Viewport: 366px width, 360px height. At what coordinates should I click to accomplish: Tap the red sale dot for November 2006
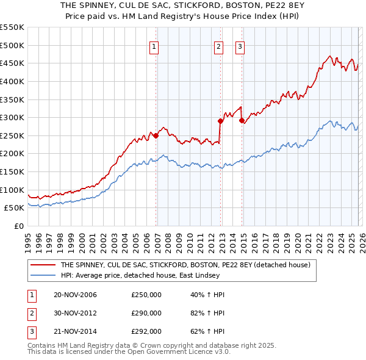156,135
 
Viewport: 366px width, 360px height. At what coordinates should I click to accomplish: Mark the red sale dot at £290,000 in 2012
220,121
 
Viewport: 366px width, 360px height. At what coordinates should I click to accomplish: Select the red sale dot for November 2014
242,120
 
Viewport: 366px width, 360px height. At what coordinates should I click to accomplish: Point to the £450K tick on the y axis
12,63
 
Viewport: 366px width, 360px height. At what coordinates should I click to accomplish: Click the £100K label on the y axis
12,190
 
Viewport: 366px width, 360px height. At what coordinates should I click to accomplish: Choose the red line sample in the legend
43,265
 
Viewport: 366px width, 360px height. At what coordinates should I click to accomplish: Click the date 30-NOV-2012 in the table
76,313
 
